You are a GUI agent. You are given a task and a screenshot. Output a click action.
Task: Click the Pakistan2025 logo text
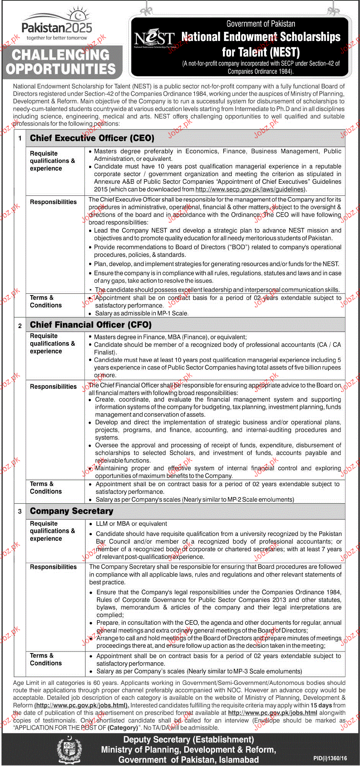click(57, 28)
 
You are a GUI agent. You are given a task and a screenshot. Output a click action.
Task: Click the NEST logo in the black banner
click(154, 39)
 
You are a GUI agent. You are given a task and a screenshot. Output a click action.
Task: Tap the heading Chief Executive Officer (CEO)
click(92, 138)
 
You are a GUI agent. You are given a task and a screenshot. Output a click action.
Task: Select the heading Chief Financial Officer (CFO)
click(91, 325)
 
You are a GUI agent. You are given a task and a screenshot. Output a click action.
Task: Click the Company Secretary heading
click(72, 511)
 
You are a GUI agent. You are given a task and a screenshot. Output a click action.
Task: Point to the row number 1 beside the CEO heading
click(20, 138)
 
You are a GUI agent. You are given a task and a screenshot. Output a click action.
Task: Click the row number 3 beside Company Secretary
click(20, 511)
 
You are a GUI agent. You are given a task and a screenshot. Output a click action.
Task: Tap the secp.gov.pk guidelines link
click(250, 189)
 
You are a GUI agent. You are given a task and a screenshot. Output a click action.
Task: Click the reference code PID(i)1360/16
click(330, 758)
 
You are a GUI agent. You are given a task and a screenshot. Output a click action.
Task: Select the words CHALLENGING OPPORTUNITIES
click(61, 62)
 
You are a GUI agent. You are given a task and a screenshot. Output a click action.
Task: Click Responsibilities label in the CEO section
click(53, 202)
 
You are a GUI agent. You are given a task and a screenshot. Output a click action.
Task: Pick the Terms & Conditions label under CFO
click(46, 487)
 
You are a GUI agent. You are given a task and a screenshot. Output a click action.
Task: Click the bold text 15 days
click(321, 705)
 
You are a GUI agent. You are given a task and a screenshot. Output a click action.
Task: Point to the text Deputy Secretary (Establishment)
click(188, 740)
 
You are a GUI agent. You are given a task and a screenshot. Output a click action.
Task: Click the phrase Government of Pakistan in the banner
click(260, 24)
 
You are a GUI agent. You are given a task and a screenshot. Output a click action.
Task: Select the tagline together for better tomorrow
click(57, 38)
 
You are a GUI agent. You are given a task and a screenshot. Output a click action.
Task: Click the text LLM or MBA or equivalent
click(131, 524)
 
